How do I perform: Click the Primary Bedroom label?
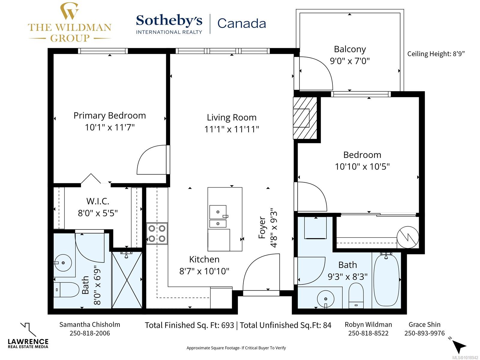click(x=109, y=115)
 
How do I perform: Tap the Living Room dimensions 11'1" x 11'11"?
click(x=232, y=129)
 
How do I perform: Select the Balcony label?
click(x=350, y=49)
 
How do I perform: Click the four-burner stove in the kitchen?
click(x=157, y=233)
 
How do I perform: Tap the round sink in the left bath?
click(x=63, y=263)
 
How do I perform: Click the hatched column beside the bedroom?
click(x=305, y=118)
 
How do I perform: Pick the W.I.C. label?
click(x=98, y=201)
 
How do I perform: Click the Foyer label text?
click(x=262, y=227)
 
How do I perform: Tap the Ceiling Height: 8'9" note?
click(x=436, y=54)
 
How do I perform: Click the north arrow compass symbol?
click(x=459, y=346)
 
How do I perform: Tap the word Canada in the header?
click(x=241, y=23)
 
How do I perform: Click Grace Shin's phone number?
click(x=424, y=333)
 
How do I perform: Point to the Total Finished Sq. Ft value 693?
click(x=227, y=325)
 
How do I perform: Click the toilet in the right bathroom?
click(x=356, y=295)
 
